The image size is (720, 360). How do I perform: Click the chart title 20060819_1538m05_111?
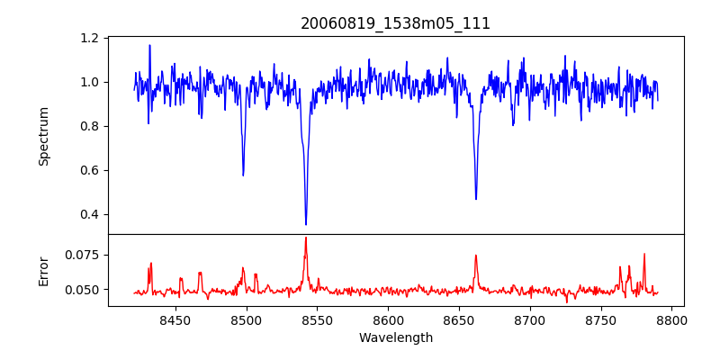pyautogui.click(x=395, y=23)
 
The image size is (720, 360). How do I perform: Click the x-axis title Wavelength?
pyautogui.click(x=395, y=338)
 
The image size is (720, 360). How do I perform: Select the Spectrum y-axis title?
pyautogui.click(x=43, y=136)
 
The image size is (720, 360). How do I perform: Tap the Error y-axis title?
pyautogui.click(x=43, y=271)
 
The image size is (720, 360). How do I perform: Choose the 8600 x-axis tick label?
pyautogui.click(x=388, y=319)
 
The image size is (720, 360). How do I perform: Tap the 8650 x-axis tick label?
pyautogui.click(x=459, y=319)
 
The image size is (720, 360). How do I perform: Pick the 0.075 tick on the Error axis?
pyautogui.click(x=83, y=255)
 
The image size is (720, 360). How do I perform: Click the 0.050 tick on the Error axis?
pyautogui.click(x=83, y=290)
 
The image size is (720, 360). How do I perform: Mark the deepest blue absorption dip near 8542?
pyautogui.click(x=306, y=224)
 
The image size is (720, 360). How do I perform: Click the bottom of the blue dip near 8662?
pyautogui.click(x=476, y=199)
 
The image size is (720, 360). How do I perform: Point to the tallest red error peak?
pyautogui.click(x=306, y=238)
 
